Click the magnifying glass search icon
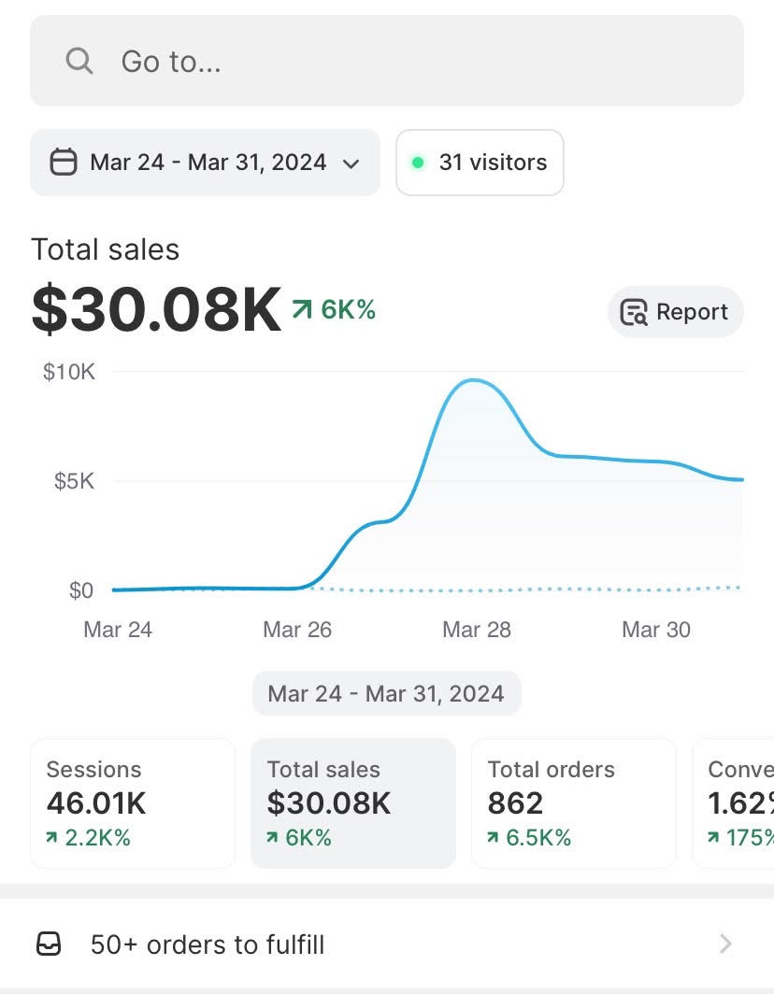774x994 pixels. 79,62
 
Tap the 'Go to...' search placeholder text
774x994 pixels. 171,62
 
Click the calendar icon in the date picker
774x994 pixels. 63,163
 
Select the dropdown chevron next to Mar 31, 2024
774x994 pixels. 351,163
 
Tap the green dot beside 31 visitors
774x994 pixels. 419,163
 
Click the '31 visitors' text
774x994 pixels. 493,163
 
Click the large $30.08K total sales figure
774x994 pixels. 156,310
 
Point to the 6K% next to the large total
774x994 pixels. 348,309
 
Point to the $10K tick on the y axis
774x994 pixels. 69,372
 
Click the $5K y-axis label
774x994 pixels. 74,481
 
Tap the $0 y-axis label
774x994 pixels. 80,590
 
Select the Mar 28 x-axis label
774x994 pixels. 477,630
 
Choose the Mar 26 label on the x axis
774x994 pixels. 297,630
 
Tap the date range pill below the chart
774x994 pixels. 386,694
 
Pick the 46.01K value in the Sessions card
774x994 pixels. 96,803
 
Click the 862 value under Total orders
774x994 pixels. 515,803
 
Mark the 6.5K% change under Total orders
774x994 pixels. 537,837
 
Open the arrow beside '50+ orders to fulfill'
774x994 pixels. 725,944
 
